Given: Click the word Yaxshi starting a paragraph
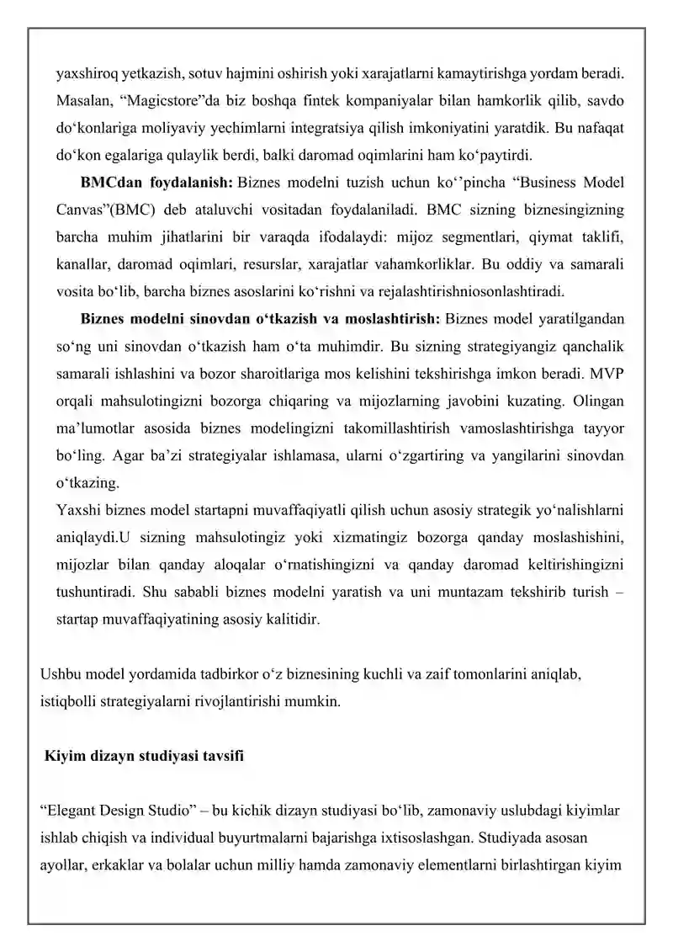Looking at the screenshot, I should (x=77, y=510).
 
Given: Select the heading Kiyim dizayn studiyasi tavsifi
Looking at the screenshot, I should (x=144, y=755).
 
